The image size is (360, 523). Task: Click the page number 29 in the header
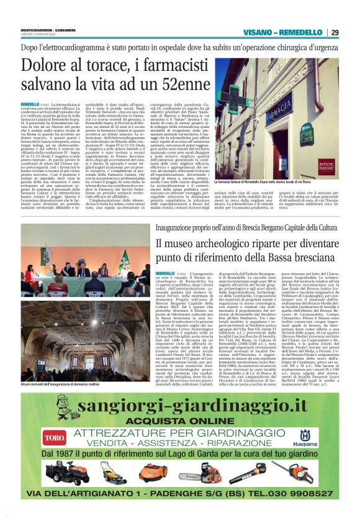point(350,32)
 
